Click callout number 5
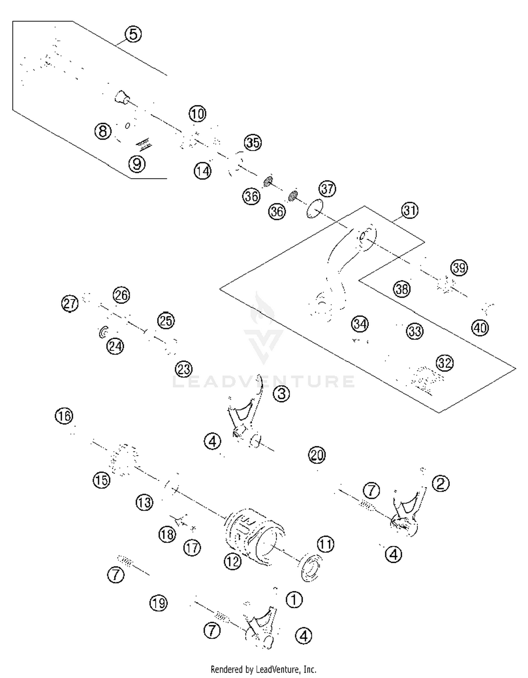click(133, 35)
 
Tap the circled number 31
click(410, 211)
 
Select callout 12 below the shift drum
click(232, 561)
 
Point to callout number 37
click(327, 188)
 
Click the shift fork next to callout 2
click(408, 511)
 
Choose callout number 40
click(480, 328)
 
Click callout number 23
click(184, 369)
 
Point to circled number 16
click(64, 416)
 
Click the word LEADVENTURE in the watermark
click(263, 382)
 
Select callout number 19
click(158, 603)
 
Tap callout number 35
click(253, 143)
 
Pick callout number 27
click(70, 304)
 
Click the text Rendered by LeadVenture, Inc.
click(263, 669)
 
